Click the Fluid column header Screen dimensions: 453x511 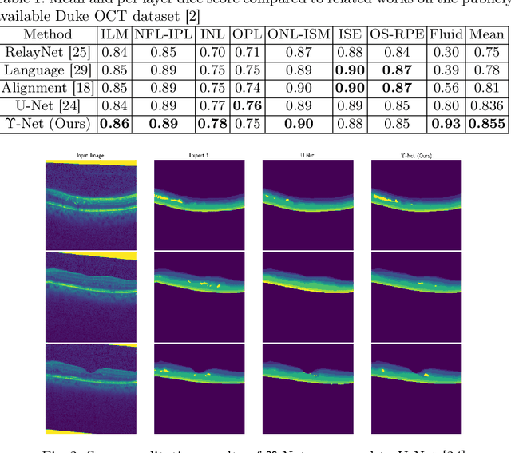[445, 34]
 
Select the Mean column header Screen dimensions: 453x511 [487, 34]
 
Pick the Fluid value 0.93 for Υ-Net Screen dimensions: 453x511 [445, 124]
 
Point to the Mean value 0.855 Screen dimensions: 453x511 [487, 124]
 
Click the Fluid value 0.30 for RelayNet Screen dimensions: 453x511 [445, 53]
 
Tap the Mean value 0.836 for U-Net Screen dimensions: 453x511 [487, 106]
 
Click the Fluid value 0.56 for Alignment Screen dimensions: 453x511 [445, 89]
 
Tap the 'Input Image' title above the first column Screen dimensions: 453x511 [91, 156]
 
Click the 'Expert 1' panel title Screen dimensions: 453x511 [200, 156]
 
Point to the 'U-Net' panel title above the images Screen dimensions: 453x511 [308, 156]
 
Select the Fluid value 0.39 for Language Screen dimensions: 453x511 [445, 70]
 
